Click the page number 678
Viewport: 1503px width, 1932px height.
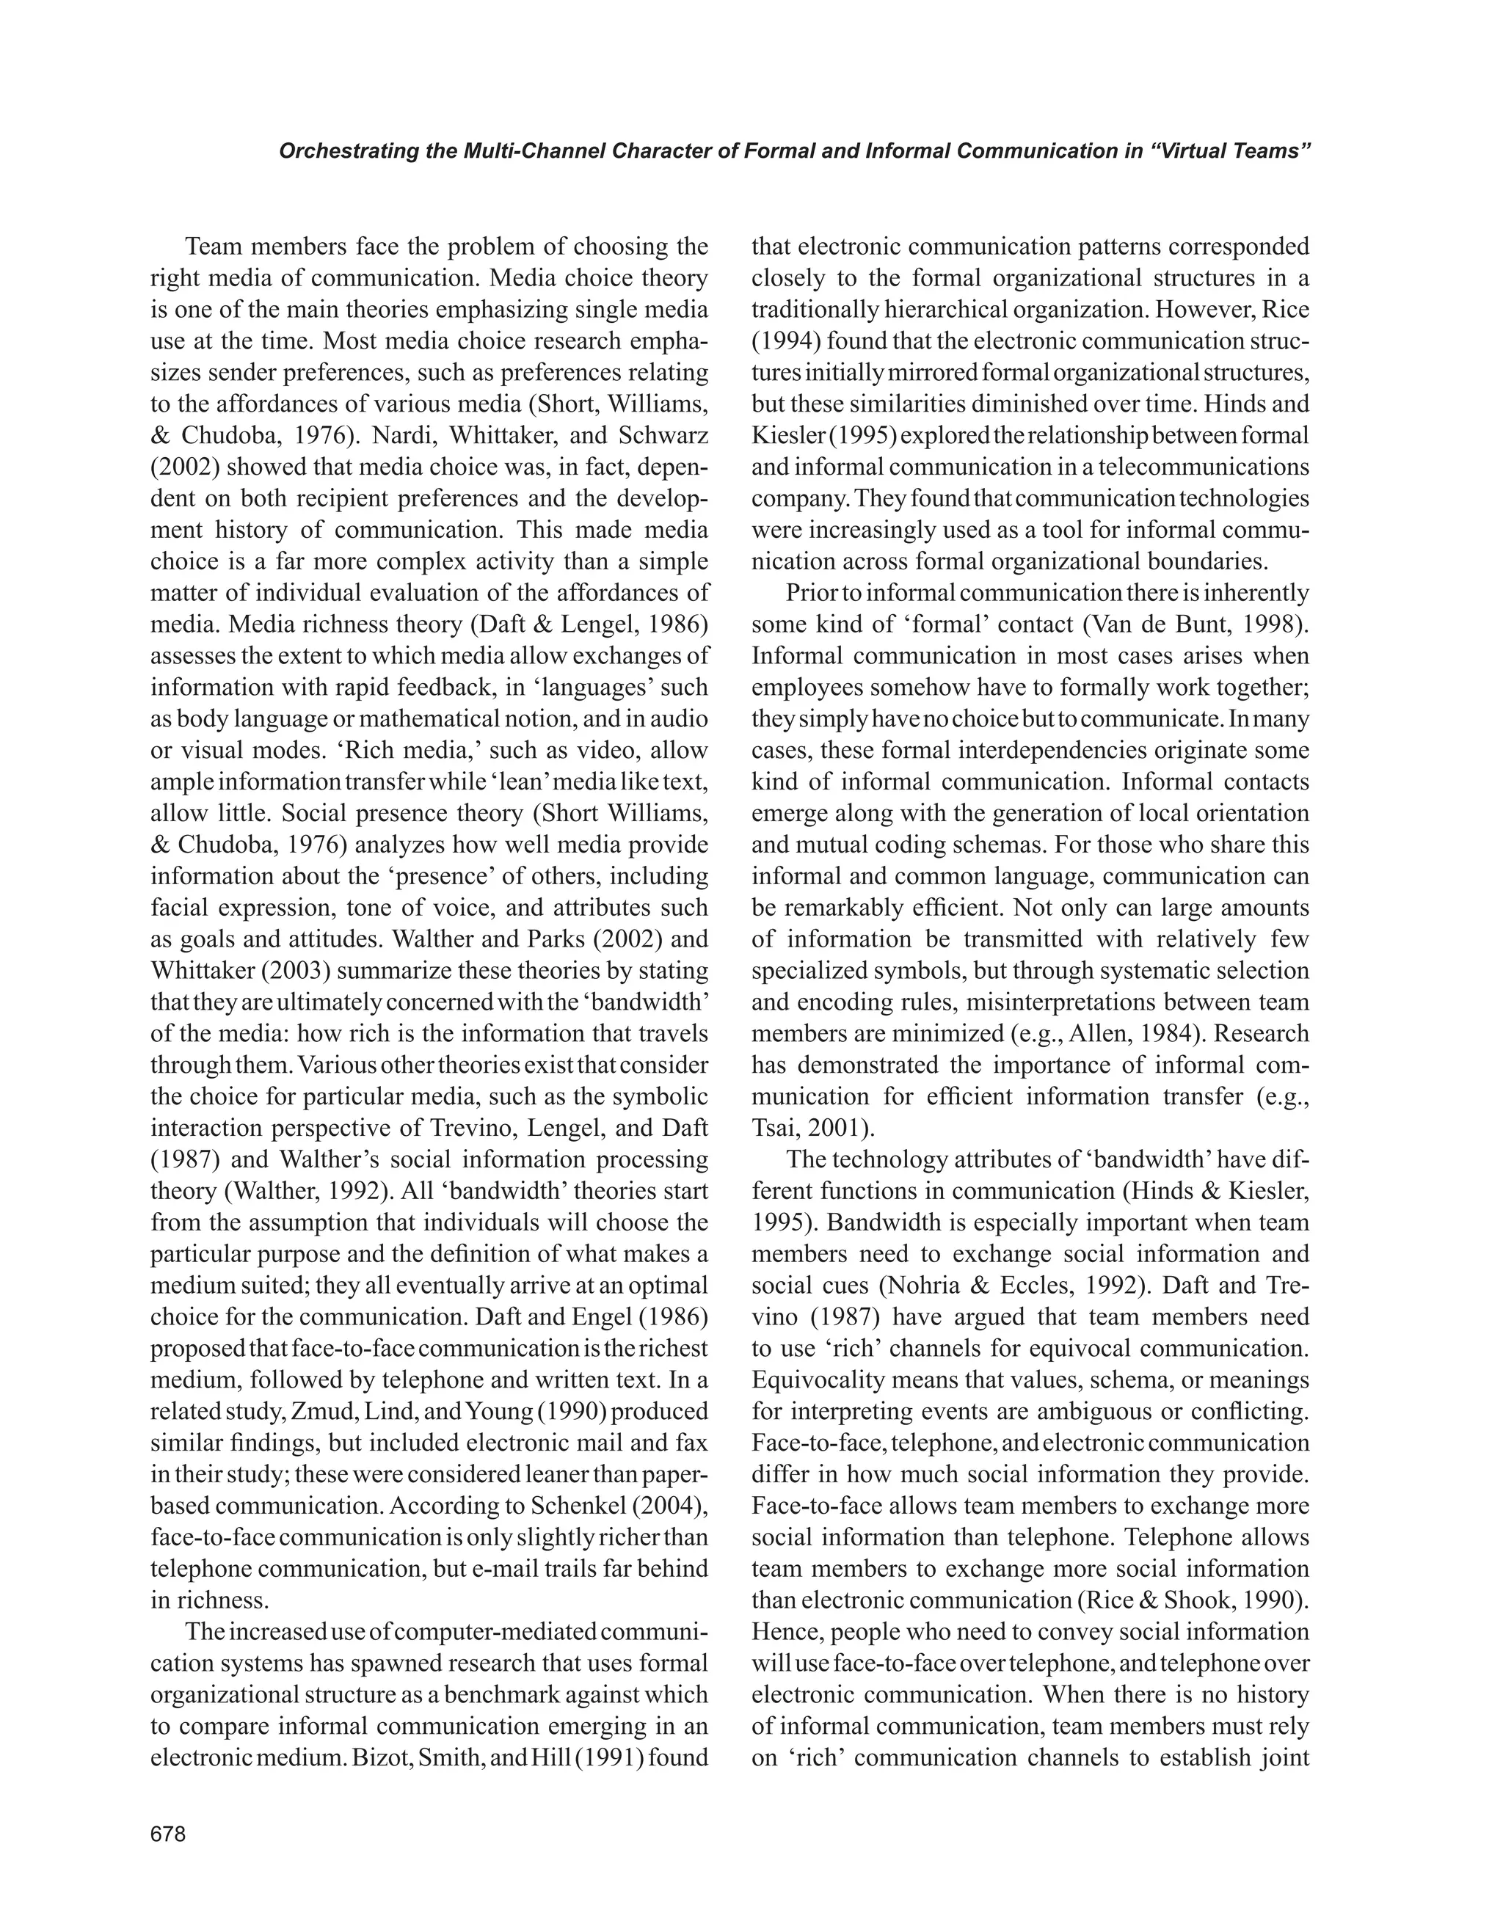click(168, 1834)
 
